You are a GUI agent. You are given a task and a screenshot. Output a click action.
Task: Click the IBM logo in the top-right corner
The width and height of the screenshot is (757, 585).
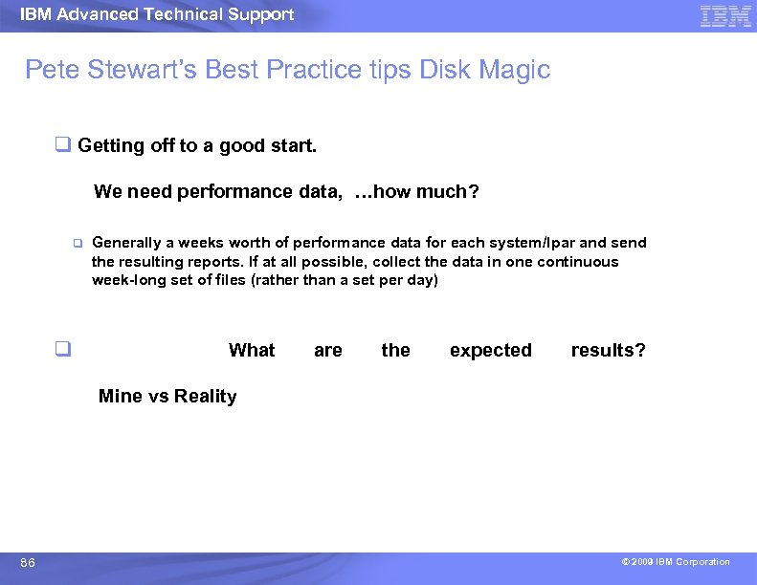725,15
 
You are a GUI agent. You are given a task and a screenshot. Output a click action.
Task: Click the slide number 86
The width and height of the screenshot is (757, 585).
28,563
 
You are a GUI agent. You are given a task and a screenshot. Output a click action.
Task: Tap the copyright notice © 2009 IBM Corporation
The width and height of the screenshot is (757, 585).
676,562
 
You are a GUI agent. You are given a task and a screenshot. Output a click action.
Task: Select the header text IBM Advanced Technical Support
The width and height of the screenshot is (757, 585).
157,14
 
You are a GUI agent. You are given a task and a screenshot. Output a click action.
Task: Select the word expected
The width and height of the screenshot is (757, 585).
490,350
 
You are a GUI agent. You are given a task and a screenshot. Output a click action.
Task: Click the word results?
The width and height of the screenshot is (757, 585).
608,350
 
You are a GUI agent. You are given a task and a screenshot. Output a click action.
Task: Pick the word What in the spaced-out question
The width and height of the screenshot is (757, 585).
252,350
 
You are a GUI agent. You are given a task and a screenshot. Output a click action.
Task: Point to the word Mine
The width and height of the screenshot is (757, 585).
121,397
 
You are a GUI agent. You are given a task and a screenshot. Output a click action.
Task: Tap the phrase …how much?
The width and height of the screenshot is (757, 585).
416,192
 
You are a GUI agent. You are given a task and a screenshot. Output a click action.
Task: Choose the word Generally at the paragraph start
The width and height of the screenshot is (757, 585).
128,243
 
